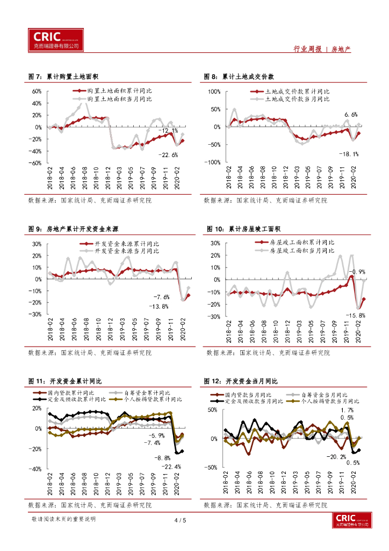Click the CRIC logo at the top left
(56, 39)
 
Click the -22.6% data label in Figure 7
(168, 155)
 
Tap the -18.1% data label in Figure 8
(348, 154)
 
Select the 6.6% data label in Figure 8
(351, 115)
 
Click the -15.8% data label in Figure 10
(356, 315)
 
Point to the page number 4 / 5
(180, 520)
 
